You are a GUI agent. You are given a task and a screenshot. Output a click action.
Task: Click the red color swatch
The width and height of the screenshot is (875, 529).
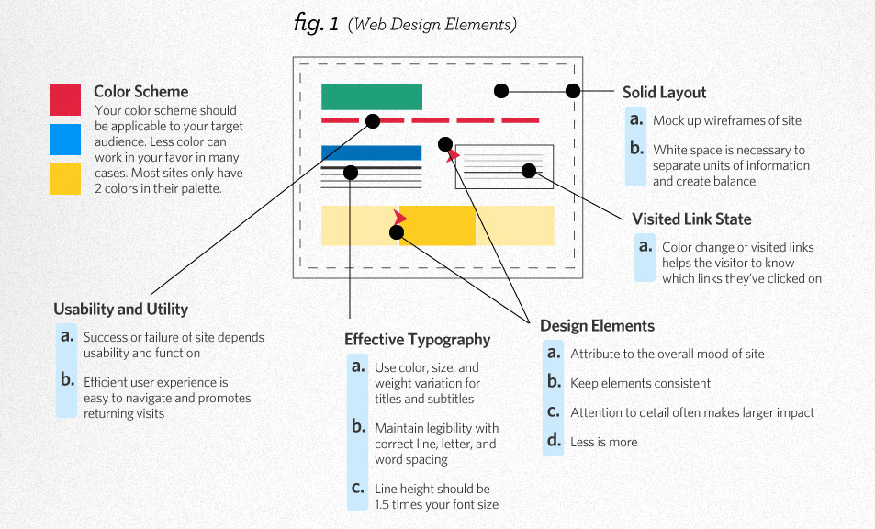pos(66,100)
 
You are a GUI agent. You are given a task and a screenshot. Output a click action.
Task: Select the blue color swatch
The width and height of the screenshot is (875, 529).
pos(66,140)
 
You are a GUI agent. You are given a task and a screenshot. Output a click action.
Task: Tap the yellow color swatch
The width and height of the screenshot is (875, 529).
pos(66,179)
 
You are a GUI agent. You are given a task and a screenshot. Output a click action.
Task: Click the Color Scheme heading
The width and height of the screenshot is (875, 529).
pos(140,92)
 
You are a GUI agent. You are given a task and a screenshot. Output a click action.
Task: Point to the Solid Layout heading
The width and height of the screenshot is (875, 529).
pos(664,92)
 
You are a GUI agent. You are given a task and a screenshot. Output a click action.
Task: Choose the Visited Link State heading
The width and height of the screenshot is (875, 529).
pos(691,219)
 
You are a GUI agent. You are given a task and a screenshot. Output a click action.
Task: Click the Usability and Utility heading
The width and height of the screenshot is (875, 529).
pos(120,310)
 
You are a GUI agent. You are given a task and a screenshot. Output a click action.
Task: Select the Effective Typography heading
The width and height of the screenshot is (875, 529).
pos(417,339)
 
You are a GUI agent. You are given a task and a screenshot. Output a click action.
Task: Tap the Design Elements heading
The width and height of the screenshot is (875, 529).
pos(597,325)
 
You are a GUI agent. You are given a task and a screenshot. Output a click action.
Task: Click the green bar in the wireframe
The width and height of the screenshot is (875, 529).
pos(371,97)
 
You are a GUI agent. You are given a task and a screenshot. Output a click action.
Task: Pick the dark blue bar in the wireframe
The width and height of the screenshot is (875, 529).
pos(371,152)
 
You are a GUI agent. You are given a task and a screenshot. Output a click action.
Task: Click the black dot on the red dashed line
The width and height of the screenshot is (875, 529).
pos(372,120)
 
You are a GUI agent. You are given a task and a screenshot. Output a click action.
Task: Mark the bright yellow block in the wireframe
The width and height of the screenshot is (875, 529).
pos(437,225)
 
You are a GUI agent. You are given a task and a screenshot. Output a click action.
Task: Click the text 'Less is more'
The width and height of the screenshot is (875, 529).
pos(603,442)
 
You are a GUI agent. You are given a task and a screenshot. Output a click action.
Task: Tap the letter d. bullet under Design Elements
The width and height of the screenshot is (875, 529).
pos(554,441)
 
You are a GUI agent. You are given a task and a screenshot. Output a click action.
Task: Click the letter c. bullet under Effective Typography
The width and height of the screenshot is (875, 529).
pos(358,488)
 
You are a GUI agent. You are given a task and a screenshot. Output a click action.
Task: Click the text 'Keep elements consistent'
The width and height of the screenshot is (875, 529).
pos(640,383)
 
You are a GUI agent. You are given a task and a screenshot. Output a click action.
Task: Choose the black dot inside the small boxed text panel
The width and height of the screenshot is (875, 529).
pos(528,170)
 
